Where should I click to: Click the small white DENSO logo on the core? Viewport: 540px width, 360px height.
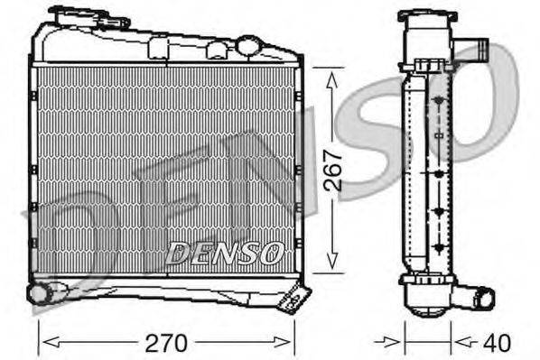pos(226,252)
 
